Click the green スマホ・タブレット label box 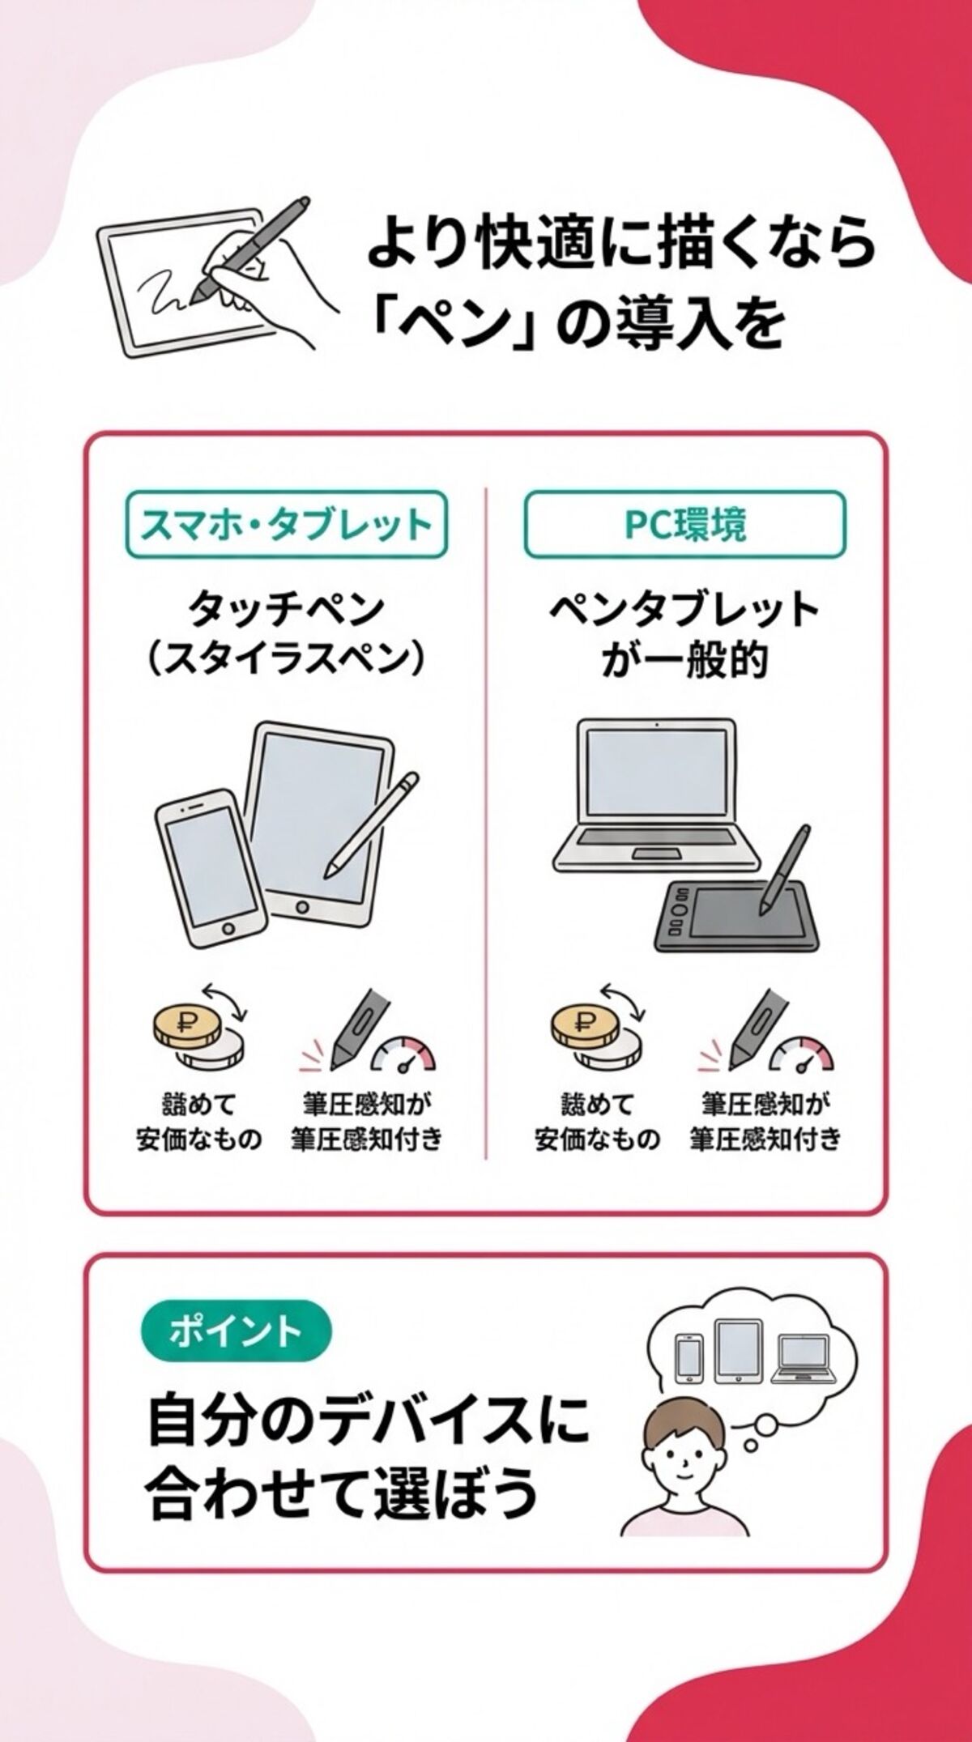286,525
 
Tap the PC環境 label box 684,525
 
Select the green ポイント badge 236,1331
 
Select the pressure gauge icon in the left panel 403,1054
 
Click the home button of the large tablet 302,906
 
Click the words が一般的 684,662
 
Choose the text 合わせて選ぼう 340,1492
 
